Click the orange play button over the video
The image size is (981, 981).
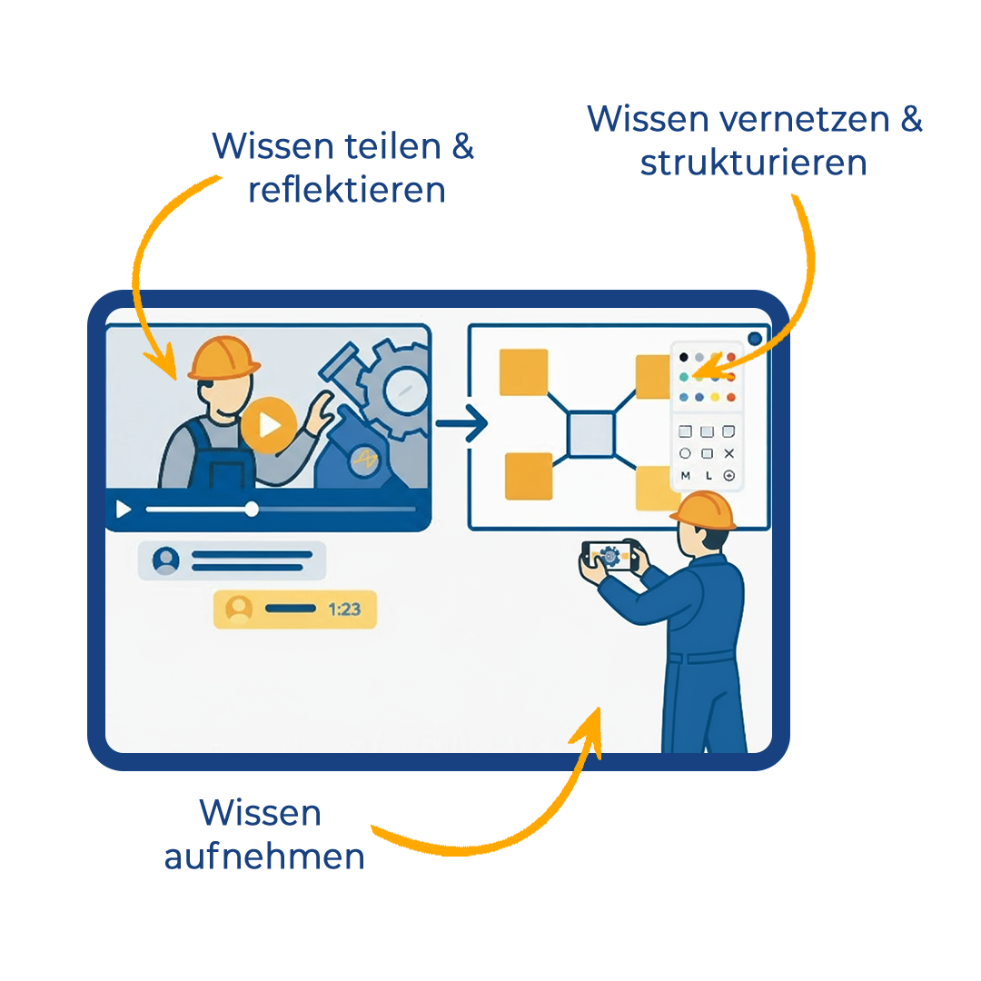pos(268,424)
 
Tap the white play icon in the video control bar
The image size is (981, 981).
pos(124,510)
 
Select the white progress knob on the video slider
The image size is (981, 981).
pos(252,510)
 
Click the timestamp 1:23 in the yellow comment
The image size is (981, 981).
pos(344,609)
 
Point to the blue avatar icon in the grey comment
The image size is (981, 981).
pos(166,560)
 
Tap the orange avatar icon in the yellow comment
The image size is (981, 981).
pos(239,609)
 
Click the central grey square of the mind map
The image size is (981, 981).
pos(591,434)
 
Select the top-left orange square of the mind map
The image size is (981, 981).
pos(524,372)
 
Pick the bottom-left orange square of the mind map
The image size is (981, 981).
pos(528,476)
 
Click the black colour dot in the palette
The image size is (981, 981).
pos(684,357)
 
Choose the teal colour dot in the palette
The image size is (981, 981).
pos(684,376)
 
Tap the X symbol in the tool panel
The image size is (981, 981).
pos(728,453)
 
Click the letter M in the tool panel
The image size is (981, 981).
pos(685,476)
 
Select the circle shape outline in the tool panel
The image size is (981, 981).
pos(685,453)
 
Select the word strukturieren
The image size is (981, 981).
pos(753,163)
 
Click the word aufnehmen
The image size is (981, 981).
pos(264,857)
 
